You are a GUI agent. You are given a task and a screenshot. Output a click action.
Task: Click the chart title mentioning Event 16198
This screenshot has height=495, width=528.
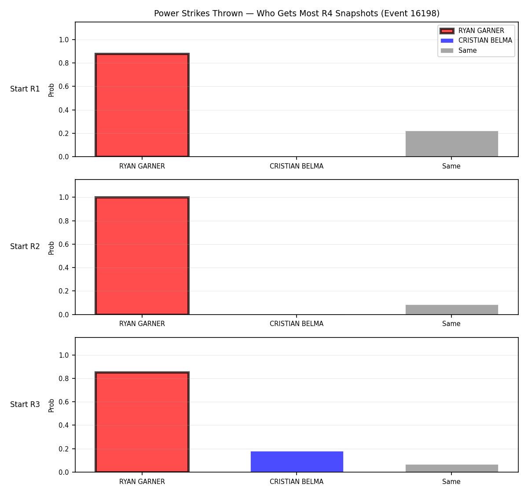point(297,13)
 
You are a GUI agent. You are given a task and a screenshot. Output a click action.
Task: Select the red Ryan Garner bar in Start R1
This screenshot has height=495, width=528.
point(142,105)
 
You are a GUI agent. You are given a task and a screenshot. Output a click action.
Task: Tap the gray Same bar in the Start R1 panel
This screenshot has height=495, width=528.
point(451,143)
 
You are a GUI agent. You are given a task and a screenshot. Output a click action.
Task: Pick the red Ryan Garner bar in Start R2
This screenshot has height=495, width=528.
point(142,256)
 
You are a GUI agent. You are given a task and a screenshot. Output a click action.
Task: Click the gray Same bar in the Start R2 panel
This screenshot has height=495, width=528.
point(451,310)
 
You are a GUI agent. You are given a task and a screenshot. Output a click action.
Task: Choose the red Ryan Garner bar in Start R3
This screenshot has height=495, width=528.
point(142,422)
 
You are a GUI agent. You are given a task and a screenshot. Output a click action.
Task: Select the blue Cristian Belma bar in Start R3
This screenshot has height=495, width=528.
point(297,462)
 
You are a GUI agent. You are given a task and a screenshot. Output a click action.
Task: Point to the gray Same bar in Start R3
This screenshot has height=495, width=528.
point(451,469)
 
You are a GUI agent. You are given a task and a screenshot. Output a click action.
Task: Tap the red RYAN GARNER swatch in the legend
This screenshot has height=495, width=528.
point(447,31)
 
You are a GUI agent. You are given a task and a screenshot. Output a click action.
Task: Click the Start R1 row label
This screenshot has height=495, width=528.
point(25,89)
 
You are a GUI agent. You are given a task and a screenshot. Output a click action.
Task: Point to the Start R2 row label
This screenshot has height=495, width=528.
point(25,246)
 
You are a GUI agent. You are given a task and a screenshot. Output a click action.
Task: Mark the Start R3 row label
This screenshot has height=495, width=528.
point(25,404)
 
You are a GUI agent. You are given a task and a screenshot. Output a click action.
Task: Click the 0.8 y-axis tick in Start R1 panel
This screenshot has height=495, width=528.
point(63,63)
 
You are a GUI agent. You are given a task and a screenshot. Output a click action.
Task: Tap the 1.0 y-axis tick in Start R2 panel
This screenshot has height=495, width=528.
point(63,198)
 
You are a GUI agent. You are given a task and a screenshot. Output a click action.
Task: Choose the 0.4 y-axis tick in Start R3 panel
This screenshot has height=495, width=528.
point(63,425)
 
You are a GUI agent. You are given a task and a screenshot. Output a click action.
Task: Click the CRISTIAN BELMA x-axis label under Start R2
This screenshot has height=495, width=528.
point(297,324)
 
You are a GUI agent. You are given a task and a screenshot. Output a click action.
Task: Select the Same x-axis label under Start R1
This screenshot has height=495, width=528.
point(451,166)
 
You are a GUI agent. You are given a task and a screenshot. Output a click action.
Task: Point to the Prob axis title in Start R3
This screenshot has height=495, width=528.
point(51,406)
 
